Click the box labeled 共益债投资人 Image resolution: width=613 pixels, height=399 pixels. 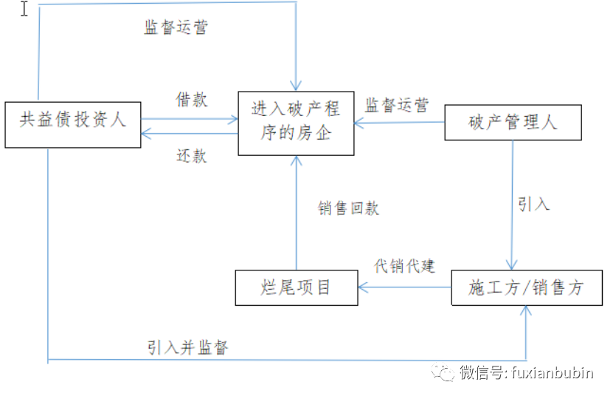[72, 124]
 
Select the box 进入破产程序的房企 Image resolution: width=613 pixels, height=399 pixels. [295, 123]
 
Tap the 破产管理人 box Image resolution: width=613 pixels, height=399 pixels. [513, 123]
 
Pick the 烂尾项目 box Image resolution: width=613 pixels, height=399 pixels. [297, 287]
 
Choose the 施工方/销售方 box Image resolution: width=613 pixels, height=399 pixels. [526, 287]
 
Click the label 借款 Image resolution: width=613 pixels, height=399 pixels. [191, 100]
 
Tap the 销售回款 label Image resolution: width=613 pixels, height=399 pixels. [348, 208]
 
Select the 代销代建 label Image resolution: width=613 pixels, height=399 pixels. [404, 266]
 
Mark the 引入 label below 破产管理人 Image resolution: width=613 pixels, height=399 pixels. [533, 204]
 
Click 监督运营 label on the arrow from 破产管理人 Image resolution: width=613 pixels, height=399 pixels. [396, 106]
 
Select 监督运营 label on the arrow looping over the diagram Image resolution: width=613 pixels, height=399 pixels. [176, 28]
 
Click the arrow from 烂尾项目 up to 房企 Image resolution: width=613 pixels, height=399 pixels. [296, 214]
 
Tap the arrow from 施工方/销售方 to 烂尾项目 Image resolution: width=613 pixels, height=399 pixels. [404, 287]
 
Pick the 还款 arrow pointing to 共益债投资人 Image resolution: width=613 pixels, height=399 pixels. [190, 134]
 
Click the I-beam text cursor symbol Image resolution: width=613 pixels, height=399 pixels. [24, 10]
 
